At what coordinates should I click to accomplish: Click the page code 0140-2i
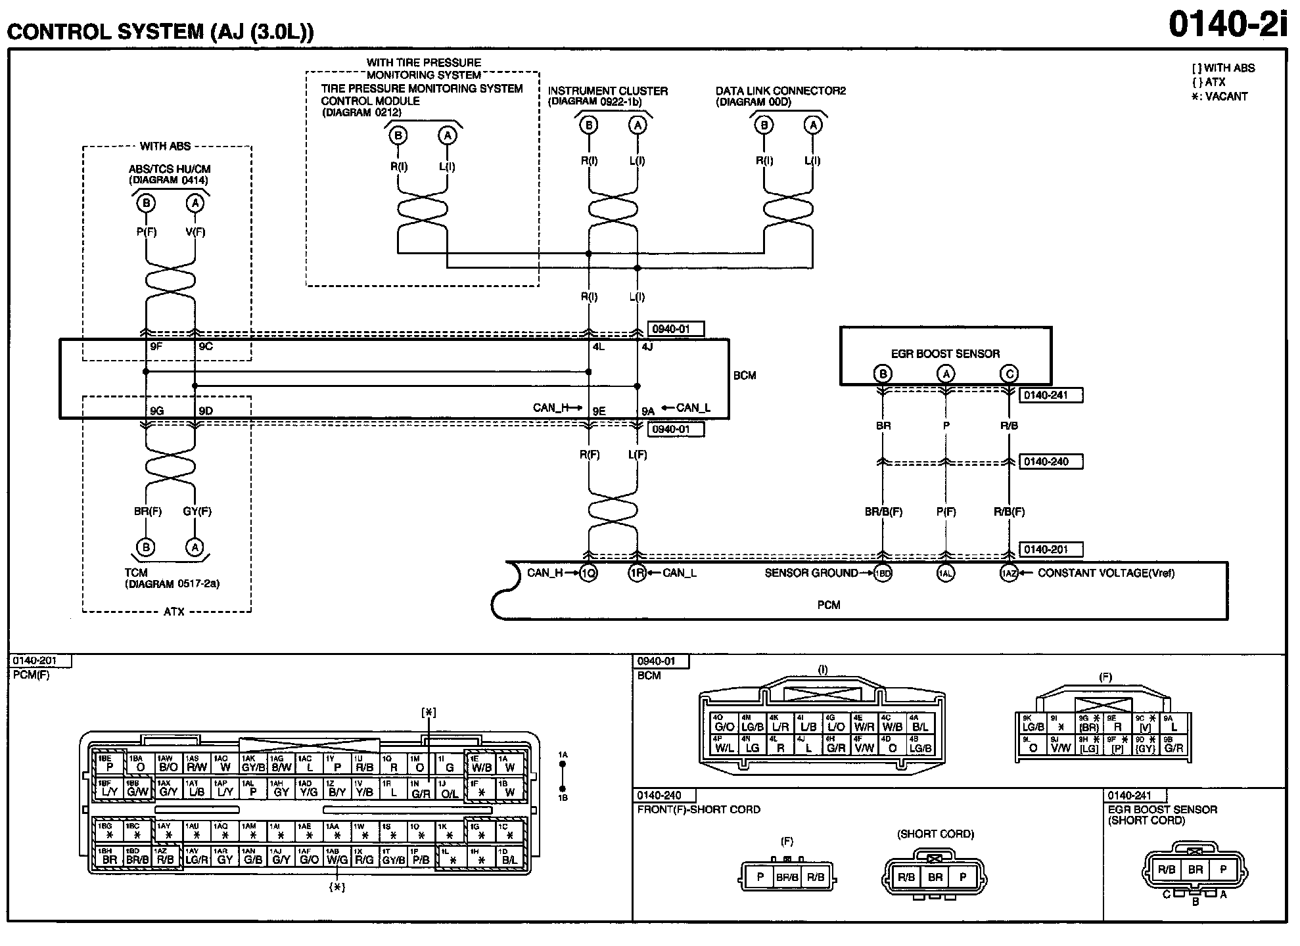[1227, 26]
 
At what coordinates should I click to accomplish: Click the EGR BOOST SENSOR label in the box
[945, 354]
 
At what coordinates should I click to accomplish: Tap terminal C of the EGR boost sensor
[1009, 374]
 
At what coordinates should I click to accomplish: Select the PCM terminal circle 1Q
[589, 574]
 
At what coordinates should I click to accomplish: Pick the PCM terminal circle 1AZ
[1009, 574]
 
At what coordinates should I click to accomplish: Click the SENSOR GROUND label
[811, 573]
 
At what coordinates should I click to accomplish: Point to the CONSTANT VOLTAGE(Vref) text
[1106, 573]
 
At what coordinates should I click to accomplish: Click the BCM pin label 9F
[156, 347]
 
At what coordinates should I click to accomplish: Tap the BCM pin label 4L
[599, 347]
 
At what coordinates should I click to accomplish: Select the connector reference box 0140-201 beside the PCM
[1050, 550]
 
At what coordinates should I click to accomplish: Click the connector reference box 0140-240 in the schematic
[1050, 462]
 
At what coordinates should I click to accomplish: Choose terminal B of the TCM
[146, 547]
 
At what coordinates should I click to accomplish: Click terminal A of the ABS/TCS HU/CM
[195, 204]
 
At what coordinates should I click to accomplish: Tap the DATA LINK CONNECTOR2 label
[780, 91]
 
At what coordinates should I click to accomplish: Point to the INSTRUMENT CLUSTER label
[607, 91]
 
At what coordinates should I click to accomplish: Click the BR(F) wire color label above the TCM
[148, 511]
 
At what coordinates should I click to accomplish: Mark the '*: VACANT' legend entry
[1219, 97]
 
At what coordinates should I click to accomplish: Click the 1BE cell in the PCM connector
[108, 763]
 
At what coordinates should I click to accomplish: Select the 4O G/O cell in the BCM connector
[724, 723]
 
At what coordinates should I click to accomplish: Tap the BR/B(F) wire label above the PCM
[883, 512]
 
